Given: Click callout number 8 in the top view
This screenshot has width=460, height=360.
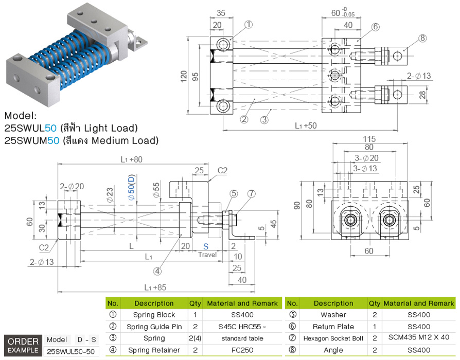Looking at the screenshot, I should (423, 38).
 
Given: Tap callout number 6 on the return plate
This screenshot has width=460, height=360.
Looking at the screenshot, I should (376, 27).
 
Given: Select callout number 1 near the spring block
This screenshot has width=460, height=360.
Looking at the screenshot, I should (249, 24).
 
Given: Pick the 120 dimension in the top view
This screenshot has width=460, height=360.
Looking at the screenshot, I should (184, 76).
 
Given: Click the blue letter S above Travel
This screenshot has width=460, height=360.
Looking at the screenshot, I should (206, 247).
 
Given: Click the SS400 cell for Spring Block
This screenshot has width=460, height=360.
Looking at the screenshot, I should (241, 315).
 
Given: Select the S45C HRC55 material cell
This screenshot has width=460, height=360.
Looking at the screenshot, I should (241, 327).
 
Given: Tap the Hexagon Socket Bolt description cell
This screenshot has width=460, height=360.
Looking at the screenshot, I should (333, 338).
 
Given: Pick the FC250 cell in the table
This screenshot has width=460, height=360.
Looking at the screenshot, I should (241, 350).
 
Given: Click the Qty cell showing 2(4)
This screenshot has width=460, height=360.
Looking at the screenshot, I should (195, 338).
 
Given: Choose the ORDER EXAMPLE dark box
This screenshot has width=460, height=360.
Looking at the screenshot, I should (23, 346).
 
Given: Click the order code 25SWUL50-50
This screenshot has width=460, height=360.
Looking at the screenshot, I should (72, 351).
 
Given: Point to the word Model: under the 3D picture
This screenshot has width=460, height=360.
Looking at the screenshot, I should (21, 116).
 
